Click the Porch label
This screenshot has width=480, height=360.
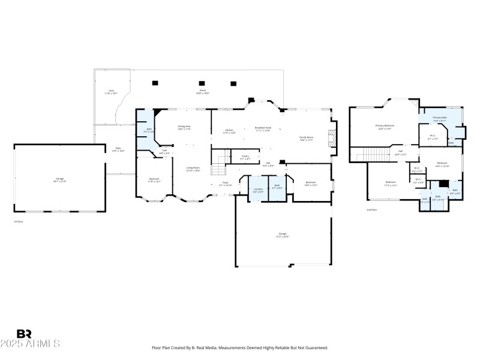pyautogui.click(x=203, y=92)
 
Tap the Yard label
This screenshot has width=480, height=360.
pyautogui.click(x=111, y=92)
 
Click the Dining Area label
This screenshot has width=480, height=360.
pyautogui.click(x=184, y=128)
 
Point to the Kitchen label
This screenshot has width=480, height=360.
pyautogui.click(x=229, y=131)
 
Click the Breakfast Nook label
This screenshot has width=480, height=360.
pyautogui.click(x=263, y=129)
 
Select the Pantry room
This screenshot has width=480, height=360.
pyautogui.click(x=245, y=157)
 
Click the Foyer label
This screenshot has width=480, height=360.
pyautogui.click(x=226, y=184)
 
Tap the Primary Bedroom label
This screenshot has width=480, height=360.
pyautogui.click(x=384, y=127)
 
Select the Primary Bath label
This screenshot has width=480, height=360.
pyautogui.click(x=440, y=119)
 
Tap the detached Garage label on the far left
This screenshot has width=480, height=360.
pyautogui.click(x=60, y=180)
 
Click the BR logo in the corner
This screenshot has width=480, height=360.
pyautogui.click(x=24, y=334)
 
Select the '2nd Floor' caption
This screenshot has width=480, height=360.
pyautogui.click(x=371, y=209)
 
